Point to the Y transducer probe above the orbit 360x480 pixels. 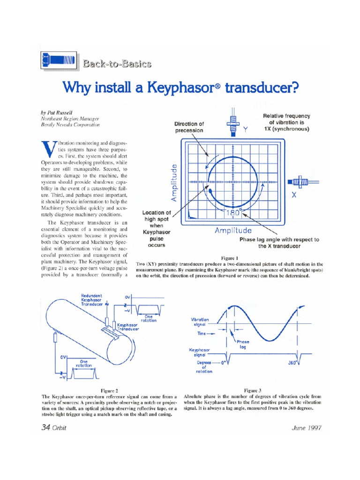pyautogui.click(x=232, y=123)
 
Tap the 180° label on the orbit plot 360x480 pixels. pyautogui.click(x=233, y=213)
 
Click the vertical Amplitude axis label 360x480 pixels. pyautogui.click(x=174, y=182)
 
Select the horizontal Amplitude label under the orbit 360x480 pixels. pyautogui.click(x=233, y=230)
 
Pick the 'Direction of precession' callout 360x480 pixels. pyautogui.click(x=189, y=127)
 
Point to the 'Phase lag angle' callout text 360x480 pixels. pyautogui.click(x=279, y=242)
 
